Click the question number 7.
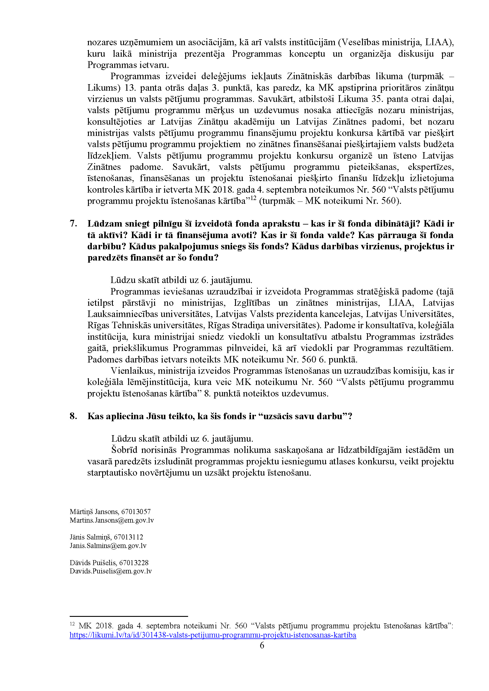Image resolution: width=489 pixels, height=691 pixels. click(x=73, y=224)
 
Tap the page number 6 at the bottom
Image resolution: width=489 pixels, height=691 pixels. click(x=262, y=645)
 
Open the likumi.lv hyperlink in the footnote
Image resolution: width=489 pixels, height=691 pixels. click(x=213, y=635)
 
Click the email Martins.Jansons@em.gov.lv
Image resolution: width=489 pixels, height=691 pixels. click(x=111, y=520)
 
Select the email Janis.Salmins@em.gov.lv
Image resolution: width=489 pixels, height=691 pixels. click(x=108, y=546)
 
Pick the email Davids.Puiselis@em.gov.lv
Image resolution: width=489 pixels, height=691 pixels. click(x=110, y=571)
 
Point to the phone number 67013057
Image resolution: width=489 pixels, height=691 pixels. click(x=136, y=511)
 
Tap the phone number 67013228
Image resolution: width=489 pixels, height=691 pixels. click(x=134, y=562)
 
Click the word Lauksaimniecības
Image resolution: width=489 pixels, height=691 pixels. click(x=122, y=314)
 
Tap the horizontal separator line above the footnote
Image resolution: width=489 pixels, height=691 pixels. click(x=128, y=616)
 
